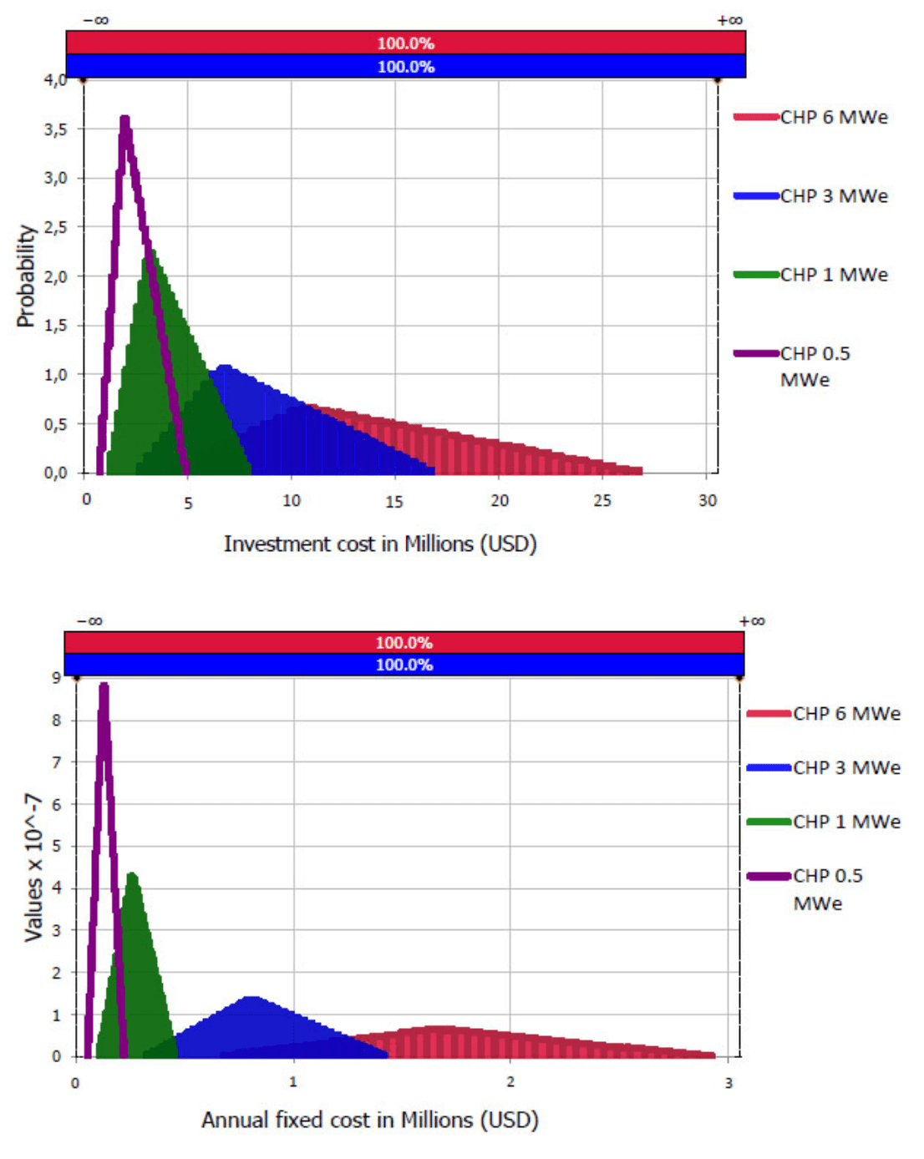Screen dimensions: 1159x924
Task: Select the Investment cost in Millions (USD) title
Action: [380, 544]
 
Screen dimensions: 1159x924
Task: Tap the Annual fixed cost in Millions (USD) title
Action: [370, 1120]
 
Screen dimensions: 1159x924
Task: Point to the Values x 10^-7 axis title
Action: [33, 868]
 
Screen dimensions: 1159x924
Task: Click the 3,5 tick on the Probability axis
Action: [55, 129]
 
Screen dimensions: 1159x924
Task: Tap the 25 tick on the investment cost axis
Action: [602, 501]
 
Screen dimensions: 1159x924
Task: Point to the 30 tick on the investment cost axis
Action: [708, 501]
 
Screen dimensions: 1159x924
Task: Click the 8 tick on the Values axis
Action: [57, 720]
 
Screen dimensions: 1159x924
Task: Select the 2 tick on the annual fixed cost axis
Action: [510, 1082]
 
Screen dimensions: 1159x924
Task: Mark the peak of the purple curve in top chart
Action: [125, 119]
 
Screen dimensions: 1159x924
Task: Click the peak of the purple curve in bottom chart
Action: [104, 686]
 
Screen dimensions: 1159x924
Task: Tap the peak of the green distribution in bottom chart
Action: [132, 874]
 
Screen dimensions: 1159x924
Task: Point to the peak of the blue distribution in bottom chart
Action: [251, 997]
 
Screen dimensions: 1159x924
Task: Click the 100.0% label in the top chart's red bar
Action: [406, 43]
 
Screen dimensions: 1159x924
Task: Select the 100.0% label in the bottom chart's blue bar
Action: [404, 665]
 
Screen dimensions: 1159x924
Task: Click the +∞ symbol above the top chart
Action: [729, 20]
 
